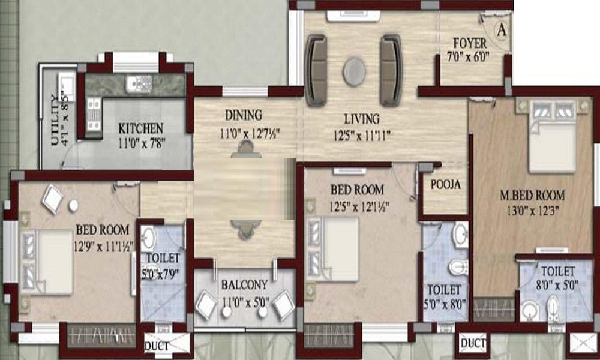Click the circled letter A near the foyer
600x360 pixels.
(x=501, y=30)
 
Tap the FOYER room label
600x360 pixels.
(x=470, y=43)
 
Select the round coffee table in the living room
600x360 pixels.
(x=355, y=71)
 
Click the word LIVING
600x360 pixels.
(x=362, y=119)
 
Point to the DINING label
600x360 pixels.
(x=244, y=115)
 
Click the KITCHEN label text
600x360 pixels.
(x=140, y=128)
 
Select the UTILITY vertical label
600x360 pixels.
(x=55, y=120)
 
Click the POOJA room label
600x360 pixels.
(x=445, y=185)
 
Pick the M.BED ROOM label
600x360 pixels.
(x=532, y=196)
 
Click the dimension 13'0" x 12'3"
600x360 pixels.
(x=533, y=211)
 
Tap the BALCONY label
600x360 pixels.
(x=245, y=285)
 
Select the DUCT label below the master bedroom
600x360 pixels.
(x=473, y=343)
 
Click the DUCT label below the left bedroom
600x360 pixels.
(x=157, y=347)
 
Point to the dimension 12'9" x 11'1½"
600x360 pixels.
(x=104, y=247)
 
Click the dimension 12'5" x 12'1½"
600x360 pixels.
(x=359, y=207)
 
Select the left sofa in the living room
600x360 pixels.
(x=316, y=70)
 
